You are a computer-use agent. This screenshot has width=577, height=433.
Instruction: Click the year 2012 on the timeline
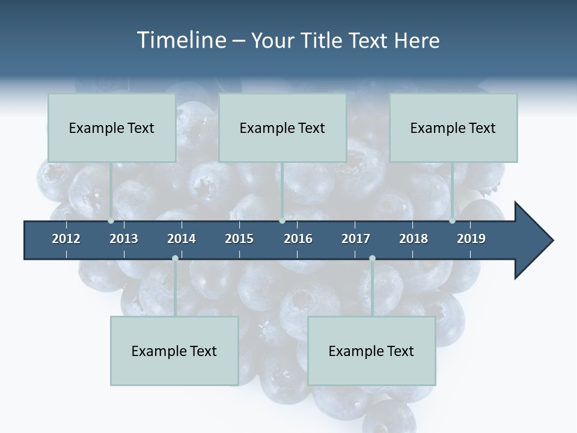click(66, 239)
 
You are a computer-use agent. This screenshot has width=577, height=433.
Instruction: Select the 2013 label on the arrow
click(124, 239)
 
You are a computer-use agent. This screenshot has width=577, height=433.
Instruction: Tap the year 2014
click(182, 239)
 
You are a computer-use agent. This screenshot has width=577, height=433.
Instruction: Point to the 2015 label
click(239, 239)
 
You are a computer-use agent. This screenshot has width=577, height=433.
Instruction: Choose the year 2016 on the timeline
click(298, 239)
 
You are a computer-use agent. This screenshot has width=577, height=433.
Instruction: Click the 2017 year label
click(356, 239)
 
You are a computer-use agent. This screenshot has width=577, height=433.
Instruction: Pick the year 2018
click(414, 239)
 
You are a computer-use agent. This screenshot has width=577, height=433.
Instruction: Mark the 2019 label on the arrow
click(471, 239)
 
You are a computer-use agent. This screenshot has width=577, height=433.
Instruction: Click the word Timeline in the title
click(180, 40)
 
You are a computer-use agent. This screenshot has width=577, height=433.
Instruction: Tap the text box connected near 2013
click(112, 127)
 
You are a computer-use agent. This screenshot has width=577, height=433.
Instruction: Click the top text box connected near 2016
click(282, 127)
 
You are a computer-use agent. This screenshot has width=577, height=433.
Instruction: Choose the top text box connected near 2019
click(453, 127)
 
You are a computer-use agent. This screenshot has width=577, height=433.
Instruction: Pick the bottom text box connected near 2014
click(174, 351)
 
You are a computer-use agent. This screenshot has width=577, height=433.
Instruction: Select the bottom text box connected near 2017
click(371, 351)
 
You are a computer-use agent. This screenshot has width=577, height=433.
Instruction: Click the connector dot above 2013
click(111, 221)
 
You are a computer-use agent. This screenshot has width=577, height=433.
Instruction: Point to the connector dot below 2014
click(175, 259)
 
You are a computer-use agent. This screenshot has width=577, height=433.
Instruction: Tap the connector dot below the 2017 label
click(372, 259)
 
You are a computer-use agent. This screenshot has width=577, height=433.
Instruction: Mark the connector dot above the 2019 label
click(452, 221)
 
